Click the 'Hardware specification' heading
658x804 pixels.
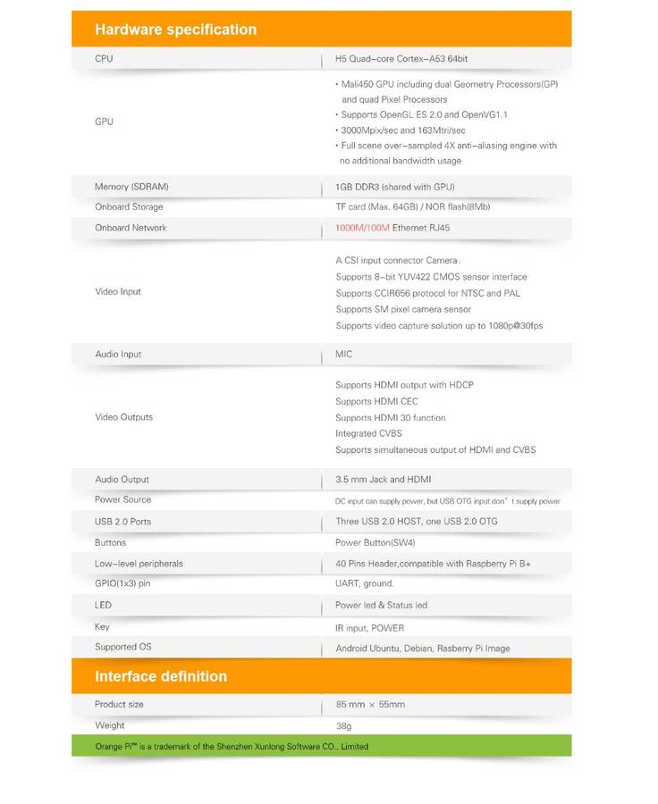(175, 29)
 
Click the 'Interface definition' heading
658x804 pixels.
(161, 676)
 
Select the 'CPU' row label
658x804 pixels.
(104, 59)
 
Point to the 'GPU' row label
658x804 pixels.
(104, 121)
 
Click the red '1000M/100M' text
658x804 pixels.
(362, 228)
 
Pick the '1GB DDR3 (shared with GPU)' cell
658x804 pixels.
(394, 187)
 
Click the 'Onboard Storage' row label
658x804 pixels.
(129, 207)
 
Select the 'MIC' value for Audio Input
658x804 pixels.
(344, 355)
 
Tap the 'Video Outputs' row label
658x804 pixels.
(123, 417)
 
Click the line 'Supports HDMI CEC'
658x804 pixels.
(376, 402)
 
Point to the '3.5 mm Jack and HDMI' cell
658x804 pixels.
(383, 480)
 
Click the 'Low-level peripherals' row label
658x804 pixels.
(139, 564)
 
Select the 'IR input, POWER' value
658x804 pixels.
(370, 628)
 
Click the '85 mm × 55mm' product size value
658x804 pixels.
(370, 705)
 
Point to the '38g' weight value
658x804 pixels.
(344, 726)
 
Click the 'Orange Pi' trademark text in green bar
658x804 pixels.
(114, 746)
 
